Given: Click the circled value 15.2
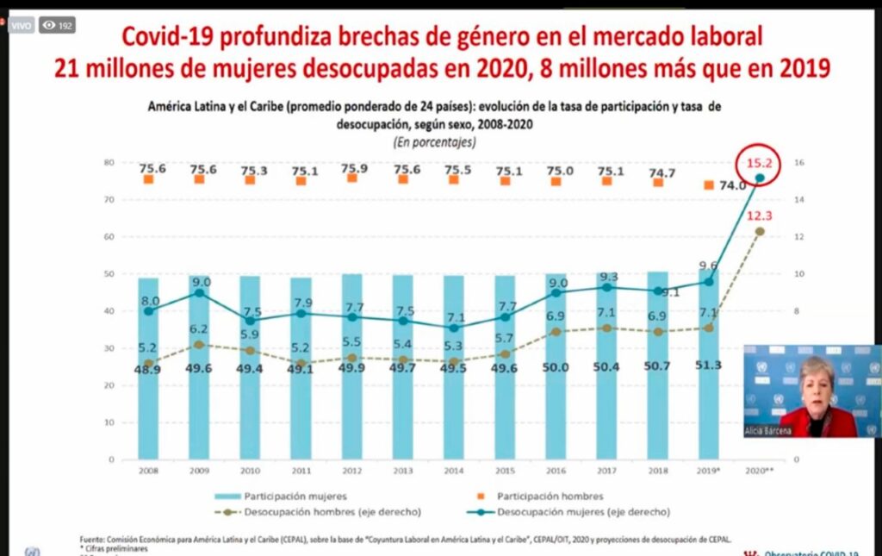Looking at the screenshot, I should click(x=760, y=162).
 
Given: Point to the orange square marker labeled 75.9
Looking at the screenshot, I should click(x=351, y=178).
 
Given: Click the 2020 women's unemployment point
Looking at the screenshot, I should click(x=760, y=178).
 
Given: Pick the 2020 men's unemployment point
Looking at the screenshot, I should click(x=759, y=231).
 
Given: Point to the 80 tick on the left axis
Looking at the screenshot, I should click(x=110, y=162).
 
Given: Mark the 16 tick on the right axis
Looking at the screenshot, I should click(x=798, y=163).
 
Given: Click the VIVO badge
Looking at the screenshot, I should click(x=22, y=26).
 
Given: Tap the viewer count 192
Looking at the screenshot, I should click(x=58, y=26).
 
